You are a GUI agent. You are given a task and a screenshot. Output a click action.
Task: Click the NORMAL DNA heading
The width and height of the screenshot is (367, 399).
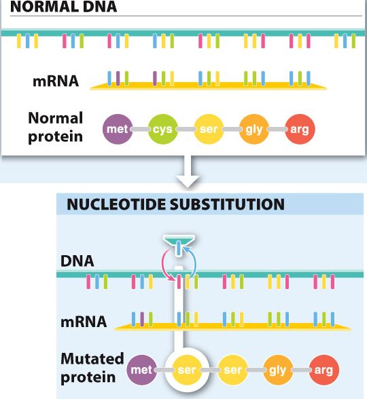(x=63, y=6)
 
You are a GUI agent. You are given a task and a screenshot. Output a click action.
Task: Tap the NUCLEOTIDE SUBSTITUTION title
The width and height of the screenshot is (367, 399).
(x=175, y=204)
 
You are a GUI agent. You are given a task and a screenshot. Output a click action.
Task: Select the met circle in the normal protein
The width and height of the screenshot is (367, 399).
(x=118, y=129)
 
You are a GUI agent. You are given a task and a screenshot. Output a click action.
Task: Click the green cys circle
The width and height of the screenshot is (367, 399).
(x=163, y=129)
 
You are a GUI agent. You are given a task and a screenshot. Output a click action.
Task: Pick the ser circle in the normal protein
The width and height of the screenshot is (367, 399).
(x=209, y=129)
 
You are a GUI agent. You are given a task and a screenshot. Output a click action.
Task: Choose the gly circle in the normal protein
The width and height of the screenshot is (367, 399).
(x=254, y=129)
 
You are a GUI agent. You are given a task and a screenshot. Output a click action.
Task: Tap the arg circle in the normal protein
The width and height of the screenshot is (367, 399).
(x=300, y=129)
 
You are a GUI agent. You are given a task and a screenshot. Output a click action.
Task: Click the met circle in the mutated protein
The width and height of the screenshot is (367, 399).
(x=141, y=370)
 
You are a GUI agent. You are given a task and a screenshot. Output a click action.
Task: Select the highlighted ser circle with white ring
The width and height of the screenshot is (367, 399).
(x=187, y=370)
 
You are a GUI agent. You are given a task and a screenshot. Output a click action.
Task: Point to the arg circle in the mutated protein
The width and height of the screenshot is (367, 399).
(x=324, y=370)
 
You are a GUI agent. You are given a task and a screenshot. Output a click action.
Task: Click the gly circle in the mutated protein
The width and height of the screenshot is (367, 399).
(x=278, y=370)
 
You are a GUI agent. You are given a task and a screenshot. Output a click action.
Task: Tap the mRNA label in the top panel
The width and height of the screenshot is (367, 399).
(x=56, y=81)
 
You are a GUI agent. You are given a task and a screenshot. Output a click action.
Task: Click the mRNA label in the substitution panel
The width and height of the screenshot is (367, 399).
(x=84, y=322)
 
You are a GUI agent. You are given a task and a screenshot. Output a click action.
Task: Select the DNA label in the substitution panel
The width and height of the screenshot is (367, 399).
(x=77, y=261)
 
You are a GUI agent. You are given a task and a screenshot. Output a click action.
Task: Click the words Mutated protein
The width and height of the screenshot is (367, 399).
(x=92, y=368)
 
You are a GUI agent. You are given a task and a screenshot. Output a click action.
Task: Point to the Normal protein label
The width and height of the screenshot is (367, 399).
(x=56, y=128)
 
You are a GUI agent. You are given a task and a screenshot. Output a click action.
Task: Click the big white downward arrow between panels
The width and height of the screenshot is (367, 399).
(x=188, y=172)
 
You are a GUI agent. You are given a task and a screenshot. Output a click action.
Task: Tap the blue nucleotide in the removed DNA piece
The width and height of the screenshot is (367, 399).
(x=179, y=247)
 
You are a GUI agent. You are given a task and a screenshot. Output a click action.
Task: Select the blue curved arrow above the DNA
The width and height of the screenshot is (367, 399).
(x=194, y=262)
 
